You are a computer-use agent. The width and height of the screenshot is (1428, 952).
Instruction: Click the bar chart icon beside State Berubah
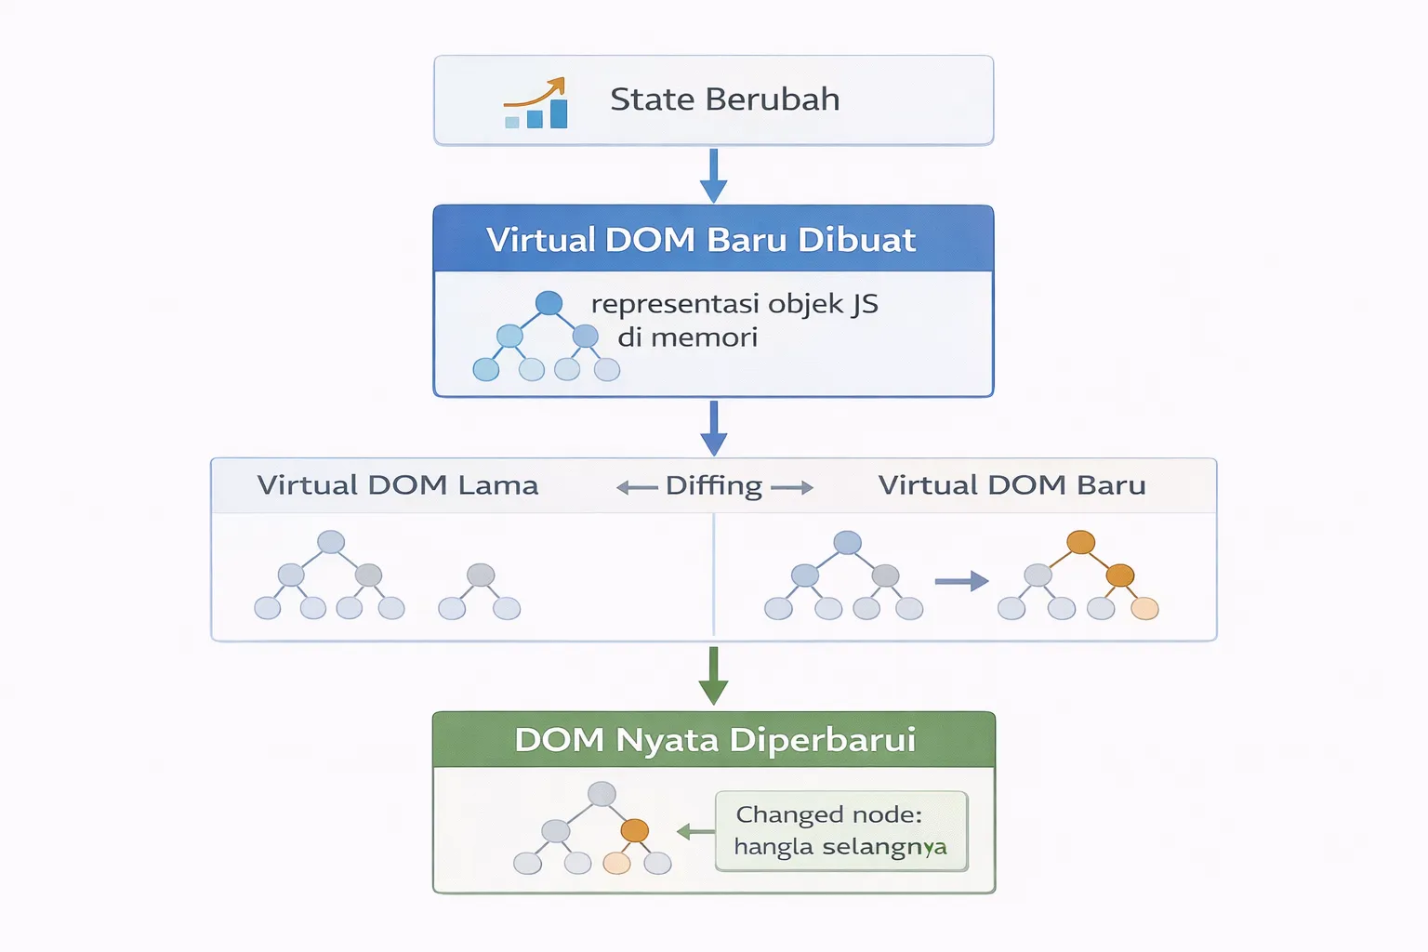536,103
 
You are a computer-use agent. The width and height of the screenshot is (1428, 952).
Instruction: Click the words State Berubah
724,99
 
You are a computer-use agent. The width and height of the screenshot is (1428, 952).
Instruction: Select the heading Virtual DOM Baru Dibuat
701,240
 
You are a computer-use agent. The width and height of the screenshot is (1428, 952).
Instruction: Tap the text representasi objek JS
734,304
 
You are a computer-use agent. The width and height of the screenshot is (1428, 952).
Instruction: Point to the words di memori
687,337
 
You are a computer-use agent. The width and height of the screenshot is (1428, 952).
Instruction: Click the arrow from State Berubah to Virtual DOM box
713,175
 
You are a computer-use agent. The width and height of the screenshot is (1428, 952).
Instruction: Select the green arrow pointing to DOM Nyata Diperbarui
713,676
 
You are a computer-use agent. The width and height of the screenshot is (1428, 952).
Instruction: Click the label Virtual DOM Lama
398,485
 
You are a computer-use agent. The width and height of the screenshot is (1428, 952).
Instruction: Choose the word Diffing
713,486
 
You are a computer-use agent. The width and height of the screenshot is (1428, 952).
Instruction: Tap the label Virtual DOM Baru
1011,485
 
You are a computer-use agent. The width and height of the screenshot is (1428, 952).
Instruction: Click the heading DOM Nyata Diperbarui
714,740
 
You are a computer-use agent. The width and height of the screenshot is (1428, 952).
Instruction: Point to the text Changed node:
828,814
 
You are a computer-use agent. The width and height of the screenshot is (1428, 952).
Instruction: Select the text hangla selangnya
840,847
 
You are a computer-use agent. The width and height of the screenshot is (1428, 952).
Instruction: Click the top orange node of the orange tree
1080,542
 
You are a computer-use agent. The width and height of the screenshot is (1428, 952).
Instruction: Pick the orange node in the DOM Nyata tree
634,830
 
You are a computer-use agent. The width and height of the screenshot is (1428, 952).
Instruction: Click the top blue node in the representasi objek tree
549,303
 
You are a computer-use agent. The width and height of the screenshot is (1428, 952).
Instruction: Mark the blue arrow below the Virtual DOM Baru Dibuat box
713,428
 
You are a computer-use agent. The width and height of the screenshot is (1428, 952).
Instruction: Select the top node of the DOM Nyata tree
602,794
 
